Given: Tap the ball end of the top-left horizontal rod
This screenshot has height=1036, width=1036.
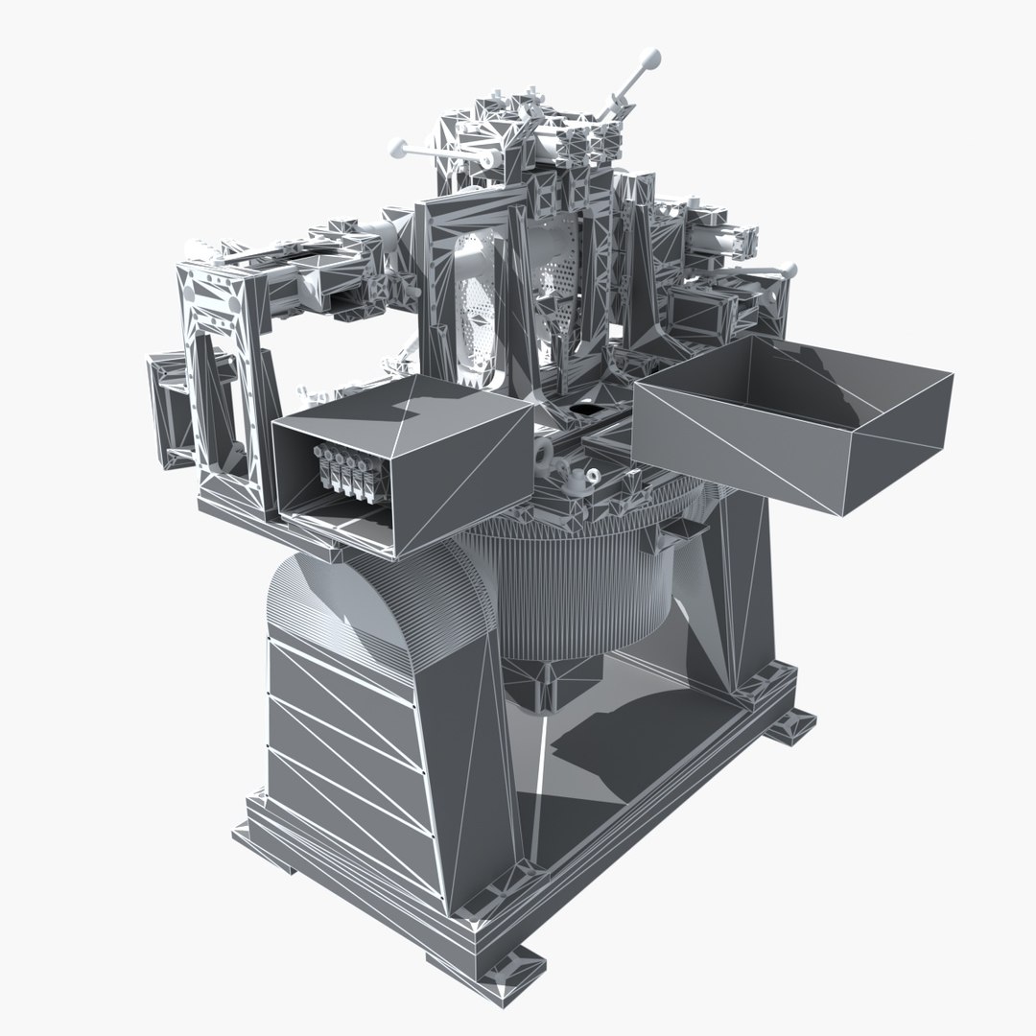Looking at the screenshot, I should coord(395,148).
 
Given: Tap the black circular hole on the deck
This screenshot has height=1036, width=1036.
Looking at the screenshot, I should coord(582,410).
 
